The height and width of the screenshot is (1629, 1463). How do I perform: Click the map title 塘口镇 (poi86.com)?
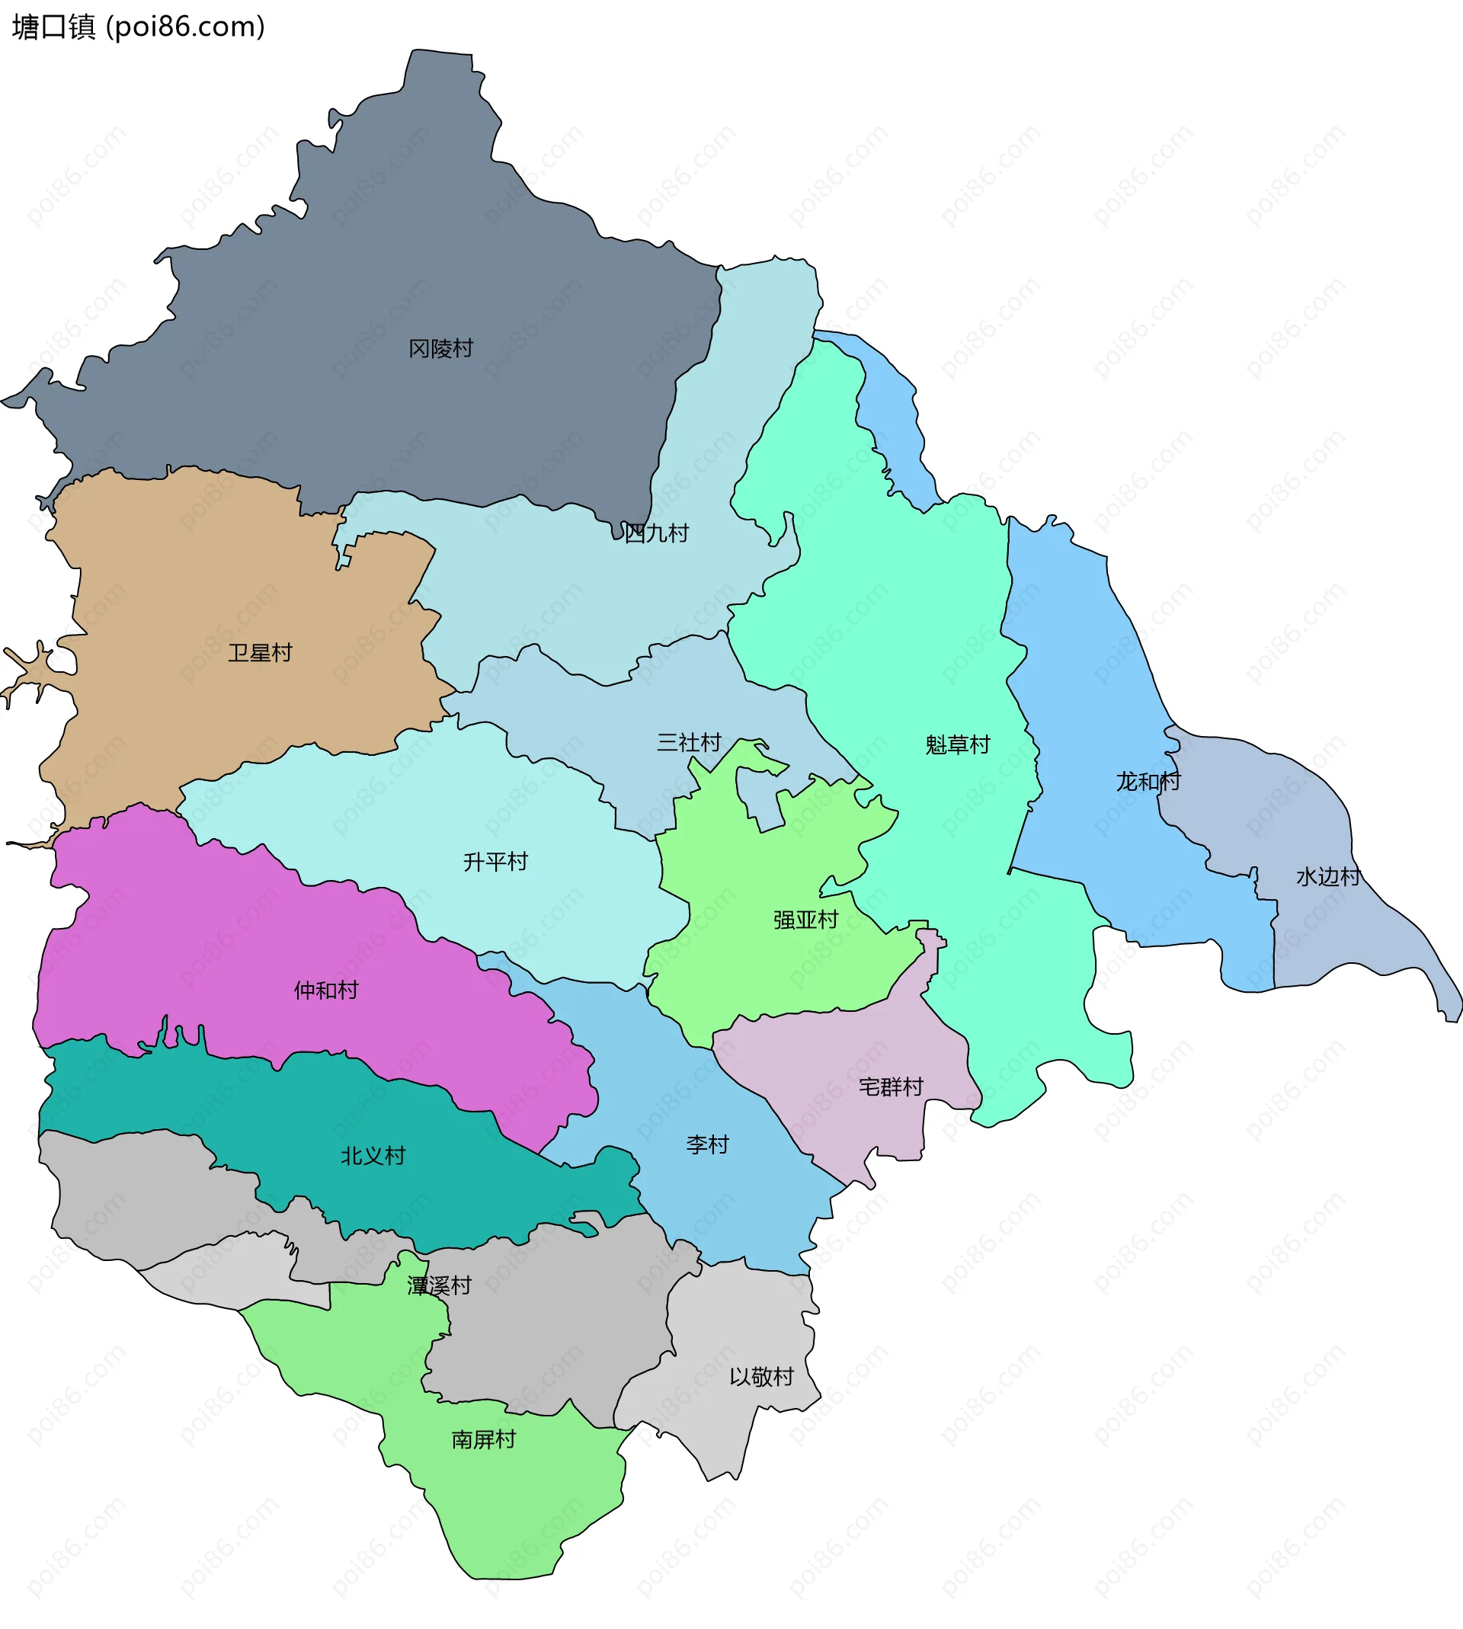coord(138,27)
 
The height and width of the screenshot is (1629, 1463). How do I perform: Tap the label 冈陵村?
coord(440,348)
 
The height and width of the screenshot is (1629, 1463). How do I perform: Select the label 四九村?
coord(656,533)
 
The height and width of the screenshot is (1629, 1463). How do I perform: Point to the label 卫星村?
coord(260,652)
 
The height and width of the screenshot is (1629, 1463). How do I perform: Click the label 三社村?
coord(689,742)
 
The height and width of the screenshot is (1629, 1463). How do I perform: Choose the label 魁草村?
coord(957,744)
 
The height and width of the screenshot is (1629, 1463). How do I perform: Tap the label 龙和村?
coord(1148,781)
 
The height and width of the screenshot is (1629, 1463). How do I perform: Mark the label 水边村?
coord(1328,876)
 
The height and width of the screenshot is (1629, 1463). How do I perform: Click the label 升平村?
coord(495,862)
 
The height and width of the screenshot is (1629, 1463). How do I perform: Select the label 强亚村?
coord(805,920)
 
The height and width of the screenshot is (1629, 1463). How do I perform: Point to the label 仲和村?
coord(325,990)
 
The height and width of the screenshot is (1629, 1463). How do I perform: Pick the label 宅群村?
coord(891,1087)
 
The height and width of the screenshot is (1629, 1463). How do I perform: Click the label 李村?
coord(707,1144)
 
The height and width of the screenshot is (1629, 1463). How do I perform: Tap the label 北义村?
coord(373,1156)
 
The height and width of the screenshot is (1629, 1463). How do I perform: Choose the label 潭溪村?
coord(439,1286)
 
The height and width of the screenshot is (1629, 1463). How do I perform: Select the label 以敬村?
coord(761,1377)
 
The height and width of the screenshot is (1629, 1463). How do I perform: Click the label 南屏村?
coord(483,1439)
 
